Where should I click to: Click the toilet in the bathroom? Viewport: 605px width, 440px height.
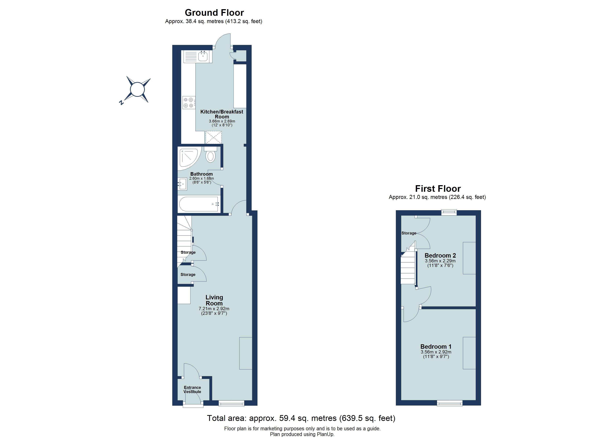click(x=210, y=156)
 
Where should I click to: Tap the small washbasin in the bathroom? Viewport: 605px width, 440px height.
click(x=182, y=184)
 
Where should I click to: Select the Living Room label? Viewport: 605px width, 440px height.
click(x=214, y=300)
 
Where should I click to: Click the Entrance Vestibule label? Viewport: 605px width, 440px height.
click(x=192, y=390)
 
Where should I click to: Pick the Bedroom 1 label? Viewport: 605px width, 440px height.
click(x=436, y=347)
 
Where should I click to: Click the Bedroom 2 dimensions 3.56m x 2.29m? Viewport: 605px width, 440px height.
click(x=440, y=261)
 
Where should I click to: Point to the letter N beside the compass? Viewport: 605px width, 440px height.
click(x=121, y=102)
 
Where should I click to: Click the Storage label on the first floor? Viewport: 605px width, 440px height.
click(x=409, y=233)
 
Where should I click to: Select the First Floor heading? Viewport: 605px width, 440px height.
click(x=438, y=189)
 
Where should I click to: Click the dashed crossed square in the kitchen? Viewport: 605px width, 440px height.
click(x=213, y=137)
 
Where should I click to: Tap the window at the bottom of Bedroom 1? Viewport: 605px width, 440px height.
click(x=450, y=404)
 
